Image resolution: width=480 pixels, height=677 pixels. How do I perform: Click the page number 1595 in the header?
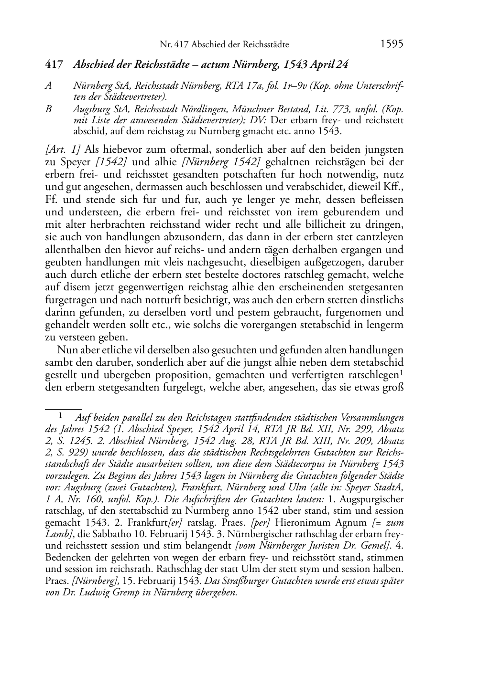pyautogui.click(x=392, y=44)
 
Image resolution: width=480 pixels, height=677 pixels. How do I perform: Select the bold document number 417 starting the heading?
pyautogui.click(x=54, y=64)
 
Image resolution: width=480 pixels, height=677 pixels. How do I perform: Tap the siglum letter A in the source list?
pyautogui.click(x=48, y=86)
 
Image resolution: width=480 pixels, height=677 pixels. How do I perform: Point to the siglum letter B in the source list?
pyautogui.click(x=48, y=109)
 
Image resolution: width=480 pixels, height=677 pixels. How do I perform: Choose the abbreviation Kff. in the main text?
pyautogui.click(x=394, y=187)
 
